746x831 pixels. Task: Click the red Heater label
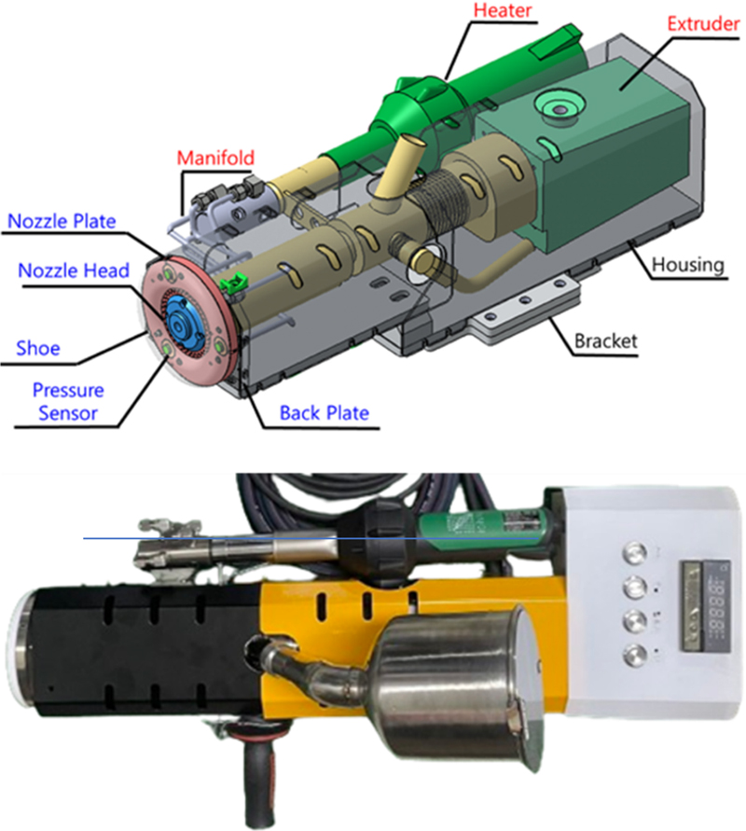tap(503, 10)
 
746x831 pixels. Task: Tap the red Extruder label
tap(703, 24)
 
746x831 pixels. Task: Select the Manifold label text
tap(215, 158)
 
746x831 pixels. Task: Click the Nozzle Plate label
tap(62, 221)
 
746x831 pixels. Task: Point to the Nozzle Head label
tap(74, 270)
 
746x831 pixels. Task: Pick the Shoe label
tap(38, 348)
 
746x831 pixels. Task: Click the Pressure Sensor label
tap(68, 402)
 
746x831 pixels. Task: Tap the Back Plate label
tap(325, 413)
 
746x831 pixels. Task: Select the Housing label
tap(688, 264)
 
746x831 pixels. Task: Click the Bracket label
tap(605, 340)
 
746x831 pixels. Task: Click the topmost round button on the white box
tap(635, 554)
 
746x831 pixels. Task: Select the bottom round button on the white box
tap(635, 655)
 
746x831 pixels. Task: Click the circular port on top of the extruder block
tap(559, 108)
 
